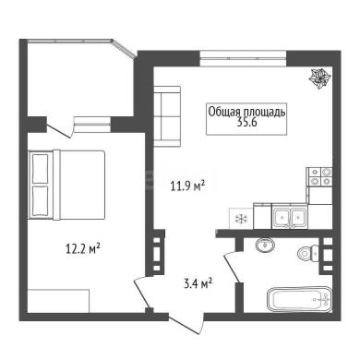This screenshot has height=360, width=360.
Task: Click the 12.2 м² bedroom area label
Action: pos(83,248)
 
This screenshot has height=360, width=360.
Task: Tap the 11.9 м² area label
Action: pos(187,186)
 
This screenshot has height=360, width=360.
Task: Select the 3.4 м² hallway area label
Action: pos(198,283)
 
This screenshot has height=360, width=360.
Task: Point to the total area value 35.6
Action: pos(246,123)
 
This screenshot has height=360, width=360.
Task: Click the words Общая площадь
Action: pos(246,113)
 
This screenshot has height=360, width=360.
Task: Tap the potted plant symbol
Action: pos(319,79)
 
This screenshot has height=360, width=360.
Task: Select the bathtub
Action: pos(300,299)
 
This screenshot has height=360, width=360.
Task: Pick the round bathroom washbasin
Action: pos(265,246)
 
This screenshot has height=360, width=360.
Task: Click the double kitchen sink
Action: pos(290,217)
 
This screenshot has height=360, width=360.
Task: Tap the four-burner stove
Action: pos(319,176)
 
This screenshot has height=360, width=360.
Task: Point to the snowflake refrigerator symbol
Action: pos(241,219)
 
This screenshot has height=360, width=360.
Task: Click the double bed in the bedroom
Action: pos(66,185)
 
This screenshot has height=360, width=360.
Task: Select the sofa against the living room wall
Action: pos(166,116)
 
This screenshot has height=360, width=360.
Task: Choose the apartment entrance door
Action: pos(186,324)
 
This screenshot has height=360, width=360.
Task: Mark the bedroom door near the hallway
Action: pos(142,293)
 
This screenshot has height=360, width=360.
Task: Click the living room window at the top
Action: pos(243,58)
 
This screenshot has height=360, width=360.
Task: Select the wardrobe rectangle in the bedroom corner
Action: pos(58,301)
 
